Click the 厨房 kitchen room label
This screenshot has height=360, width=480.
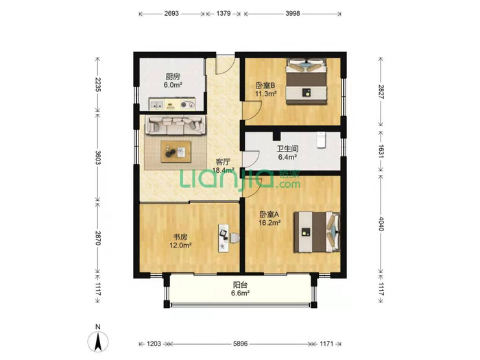173,77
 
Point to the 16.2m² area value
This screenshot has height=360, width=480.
269,223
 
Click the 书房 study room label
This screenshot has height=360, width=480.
180,237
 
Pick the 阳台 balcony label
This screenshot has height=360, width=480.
240,285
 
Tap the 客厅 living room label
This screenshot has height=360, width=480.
223,162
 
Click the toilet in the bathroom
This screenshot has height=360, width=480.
321,140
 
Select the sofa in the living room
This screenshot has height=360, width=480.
175,125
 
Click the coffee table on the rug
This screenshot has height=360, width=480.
176,152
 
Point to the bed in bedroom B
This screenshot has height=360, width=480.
307,82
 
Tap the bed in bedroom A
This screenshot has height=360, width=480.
317,232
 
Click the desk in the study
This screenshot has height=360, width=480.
224,238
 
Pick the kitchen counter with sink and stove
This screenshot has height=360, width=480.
172,104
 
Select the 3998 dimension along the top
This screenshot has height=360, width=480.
293,14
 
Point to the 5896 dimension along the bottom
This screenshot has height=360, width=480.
240,344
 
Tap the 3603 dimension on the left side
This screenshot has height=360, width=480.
98,157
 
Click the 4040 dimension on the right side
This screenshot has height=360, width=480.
381,224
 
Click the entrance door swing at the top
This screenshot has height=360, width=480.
226,65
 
